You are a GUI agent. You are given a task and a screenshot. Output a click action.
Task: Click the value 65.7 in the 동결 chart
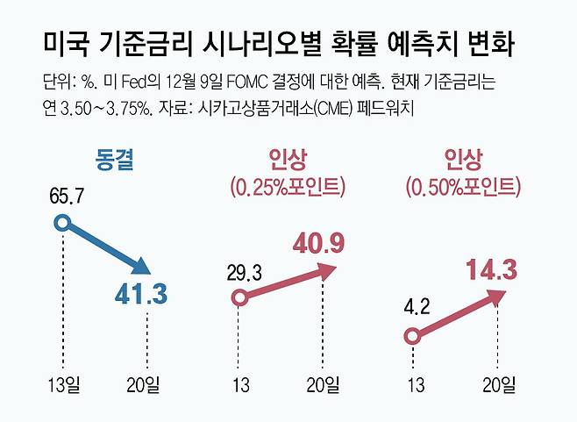tap(67, 196)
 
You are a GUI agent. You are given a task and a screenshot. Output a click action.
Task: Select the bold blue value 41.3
tap(141, 294)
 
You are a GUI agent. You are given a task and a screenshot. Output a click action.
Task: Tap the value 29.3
tap(245, 273)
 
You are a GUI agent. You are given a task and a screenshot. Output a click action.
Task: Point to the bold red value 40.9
tap(318, 244)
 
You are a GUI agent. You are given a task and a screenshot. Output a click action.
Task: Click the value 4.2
tap(417, 306)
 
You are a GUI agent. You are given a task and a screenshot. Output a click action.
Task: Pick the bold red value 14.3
tap(491, 270)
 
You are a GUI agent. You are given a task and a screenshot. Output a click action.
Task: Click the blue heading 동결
tap(114, 160)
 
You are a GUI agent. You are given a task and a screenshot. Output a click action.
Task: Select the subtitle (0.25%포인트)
tap(288, 187)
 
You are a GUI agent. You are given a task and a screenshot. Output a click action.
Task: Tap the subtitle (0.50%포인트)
tap(463, 187)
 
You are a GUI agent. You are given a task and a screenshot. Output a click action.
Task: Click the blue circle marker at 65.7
tap(63, 223)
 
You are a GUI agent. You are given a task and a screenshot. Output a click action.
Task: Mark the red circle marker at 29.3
tap(239, 297)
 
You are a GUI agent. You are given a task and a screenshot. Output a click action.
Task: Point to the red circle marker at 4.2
tap(412, 336)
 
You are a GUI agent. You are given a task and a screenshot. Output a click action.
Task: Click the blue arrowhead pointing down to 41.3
tap(141, 266)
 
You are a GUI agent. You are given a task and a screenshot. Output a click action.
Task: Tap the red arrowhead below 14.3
tap(496, 296)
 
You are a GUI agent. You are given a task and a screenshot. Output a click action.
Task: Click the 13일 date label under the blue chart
tap(64, 385)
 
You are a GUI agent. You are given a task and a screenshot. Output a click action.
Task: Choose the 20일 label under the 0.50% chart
tap(499, 385)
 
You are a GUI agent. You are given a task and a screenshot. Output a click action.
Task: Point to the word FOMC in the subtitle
tap(246, 82)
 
